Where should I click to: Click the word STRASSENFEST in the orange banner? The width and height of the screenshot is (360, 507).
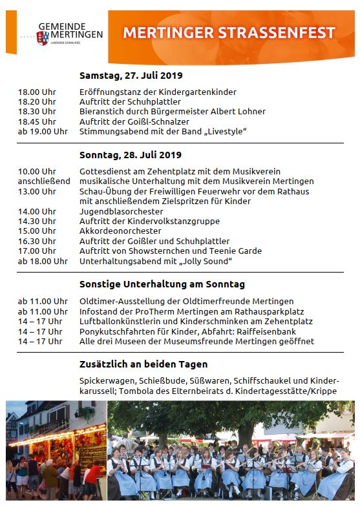tap(280, 33)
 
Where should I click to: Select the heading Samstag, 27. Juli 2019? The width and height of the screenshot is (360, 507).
tap(131, 75)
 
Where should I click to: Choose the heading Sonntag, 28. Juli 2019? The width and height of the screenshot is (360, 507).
tap(131, 155)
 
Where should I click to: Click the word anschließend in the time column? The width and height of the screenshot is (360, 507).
tap(44, 181)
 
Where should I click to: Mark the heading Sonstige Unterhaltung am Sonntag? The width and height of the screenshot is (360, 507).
tap(162, 284)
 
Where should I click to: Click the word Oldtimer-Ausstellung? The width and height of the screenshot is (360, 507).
tap(121, 301)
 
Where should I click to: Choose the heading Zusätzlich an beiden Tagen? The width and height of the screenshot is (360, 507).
tap(143, 364)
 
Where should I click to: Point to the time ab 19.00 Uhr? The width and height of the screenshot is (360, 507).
tap(43, 131)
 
